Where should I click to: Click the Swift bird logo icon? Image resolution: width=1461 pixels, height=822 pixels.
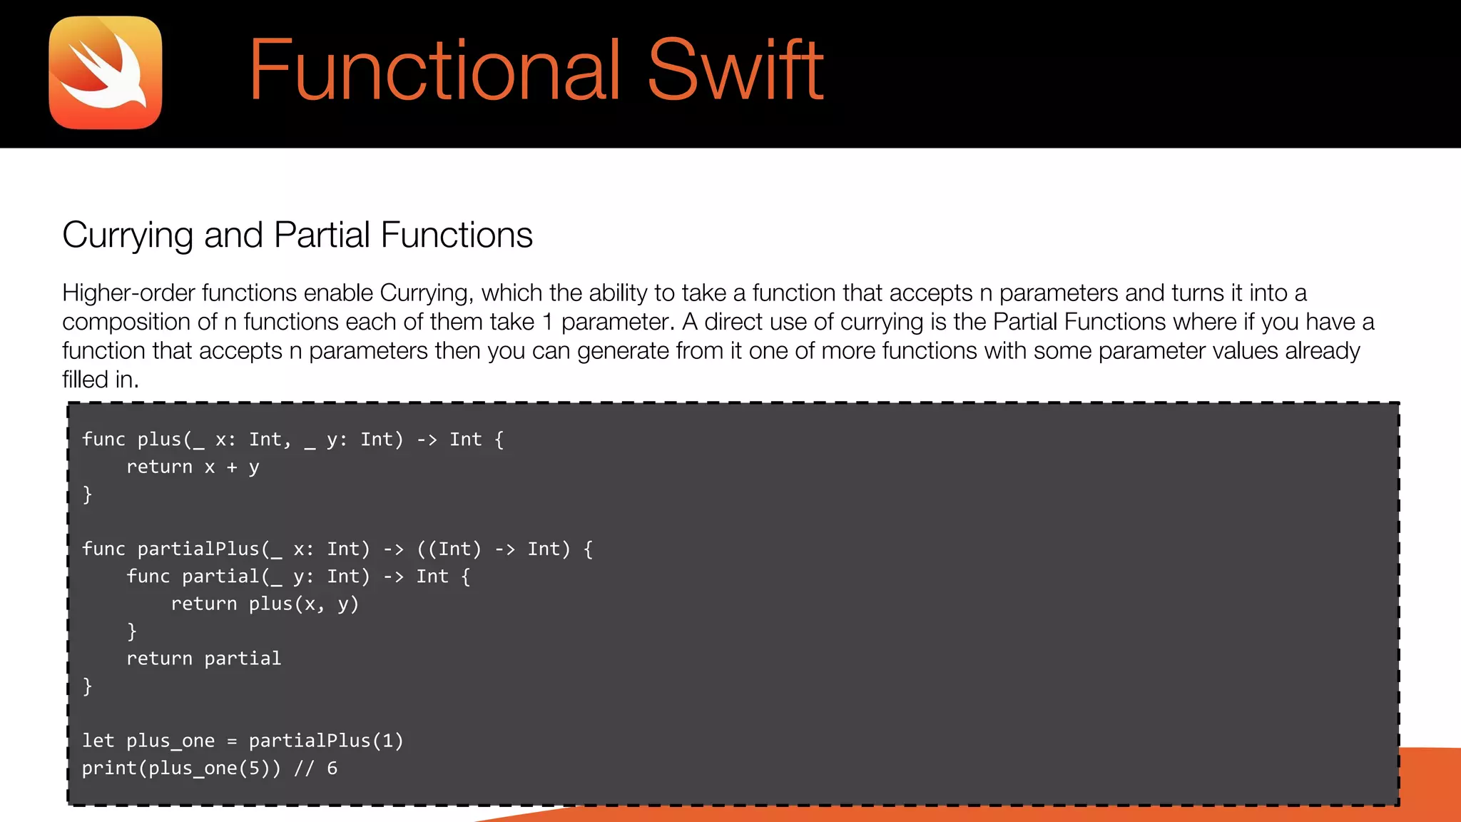pos(106,73)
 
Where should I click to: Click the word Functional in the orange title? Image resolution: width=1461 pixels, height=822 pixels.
pos(434,70)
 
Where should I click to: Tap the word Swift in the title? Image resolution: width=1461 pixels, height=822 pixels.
pos(735,70)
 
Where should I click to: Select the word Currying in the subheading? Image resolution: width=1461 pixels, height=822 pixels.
pos(128,235)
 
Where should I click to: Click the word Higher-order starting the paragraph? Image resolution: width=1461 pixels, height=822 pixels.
pos(128,293)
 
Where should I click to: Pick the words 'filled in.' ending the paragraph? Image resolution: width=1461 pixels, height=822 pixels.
pos(100,380)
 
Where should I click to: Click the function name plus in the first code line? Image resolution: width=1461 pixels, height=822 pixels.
pos(160,440)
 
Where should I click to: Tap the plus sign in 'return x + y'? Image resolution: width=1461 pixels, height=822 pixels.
pos(232,467)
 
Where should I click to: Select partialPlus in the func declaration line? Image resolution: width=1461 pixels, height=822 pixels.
pos(198,549)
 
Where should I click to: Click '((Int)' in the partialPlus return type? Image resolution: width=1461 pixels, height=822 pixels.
pos(449,549)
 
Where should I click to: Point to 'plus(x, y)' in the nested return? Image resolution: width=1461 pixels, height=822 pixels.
pos(303,604)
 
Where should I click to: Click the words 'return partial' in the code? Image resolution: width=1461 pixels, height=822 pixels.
pos(203,659)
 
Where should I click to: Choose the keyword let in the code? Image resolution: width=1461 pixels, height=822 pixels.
pos(98,741)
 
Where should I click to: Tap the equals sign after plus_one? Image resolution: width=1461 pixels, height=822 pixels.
pos(232,741)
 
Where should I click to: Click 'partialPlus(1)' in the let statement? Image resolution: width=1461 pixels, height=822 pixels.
pos(326,741)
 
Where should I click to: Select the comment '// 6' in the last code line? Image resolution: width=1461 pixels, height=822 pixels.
pos(315,768)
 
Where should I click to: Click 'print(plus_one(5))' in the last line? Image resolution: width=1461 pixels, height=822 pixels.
pos(181,768)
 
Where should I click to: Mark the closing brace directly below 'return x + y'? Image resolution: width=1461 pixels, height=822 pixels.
pos(87,494)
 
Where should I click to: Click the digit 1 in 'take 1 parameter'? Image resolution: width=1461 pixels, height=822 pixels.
pos(547,322)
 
